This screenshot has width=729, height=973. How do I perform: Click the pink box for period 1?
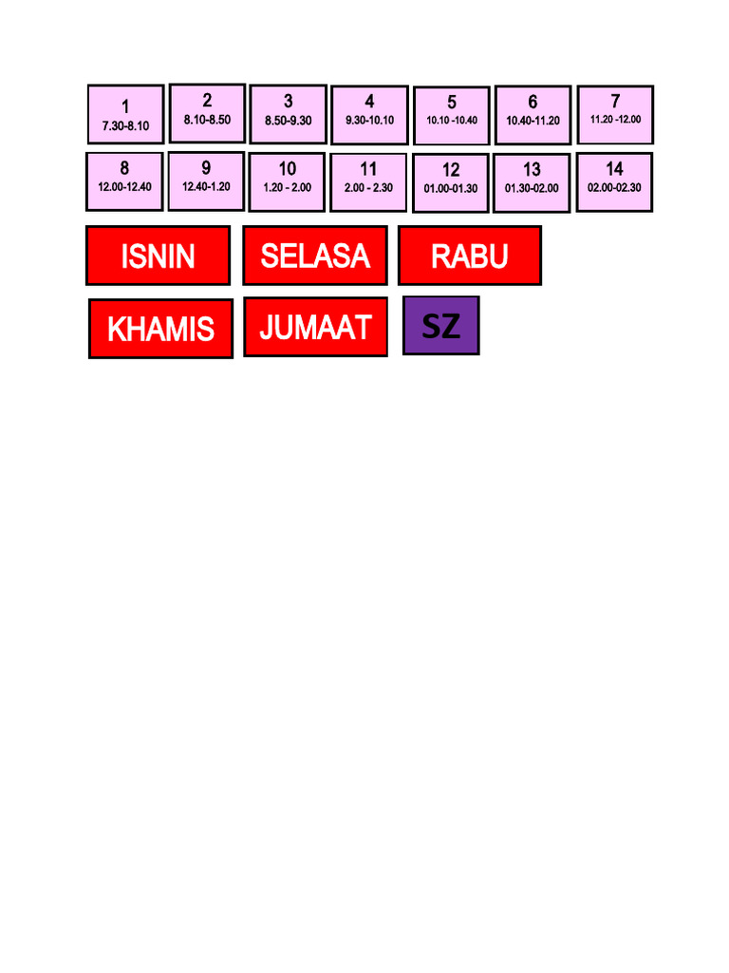(x=125, y=114)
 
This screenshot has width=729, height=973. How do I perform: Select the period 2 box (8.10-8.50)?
(x=207, y=112)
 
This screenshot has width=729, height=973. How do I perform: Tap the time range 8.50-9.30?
(x=288, y=121)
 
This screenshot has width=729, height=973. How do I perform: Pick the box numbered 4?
(x=369, y=113)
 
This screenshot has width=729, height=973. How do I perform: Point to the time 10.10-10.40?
(x=452, y=121)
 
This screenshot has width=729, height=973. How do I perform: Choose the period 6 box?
(x=533, y=114)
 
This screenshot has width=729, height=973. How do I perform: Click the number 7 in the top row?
(x=615, y=101)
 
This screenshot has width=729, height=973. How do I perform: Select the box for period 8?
(x=124, y=181)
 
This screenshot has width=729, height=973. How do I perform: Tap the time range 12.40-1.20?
(x=206, y=187)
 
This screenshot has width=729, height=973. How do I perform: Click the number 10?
(x=287, y=169)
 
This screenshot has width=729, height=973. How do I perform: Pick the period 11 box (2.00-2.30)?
(x=368, y=181)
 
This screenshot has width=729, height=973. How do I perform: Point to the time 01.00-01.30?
(x=451, y=188)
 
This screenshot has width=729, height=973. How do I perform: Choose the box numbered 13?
(x=532, y=181)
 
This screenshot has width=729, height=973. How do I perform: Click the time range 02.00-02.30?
(x=614, y=187)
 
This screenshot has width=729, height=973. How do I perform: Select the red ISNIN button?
(x=158, y=256)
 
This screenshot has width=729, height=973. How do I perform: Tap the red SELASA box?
(x=314, y=255)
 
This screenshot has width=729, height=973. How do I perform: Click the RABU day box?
(x=469, y=255)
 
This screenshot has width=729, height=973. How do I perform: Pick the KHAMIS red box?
(x=160, y=329)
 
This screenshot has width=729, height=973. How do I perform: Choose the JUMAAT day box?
(x=315, y=327)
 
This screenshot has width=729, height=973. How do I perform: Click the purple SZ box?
(x=440, y=326)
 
